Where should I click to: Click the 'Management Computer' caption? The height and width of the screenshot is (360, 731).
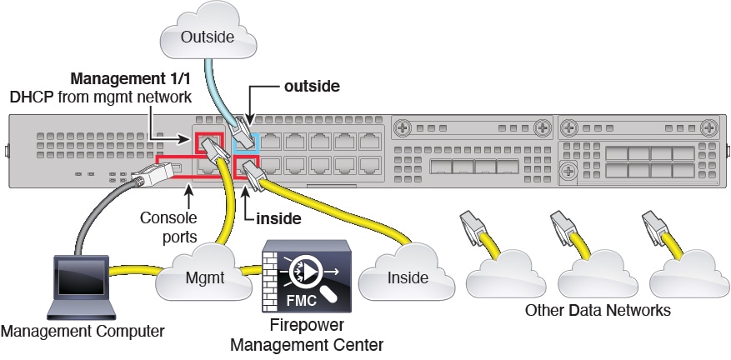[x=83, y=331]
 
